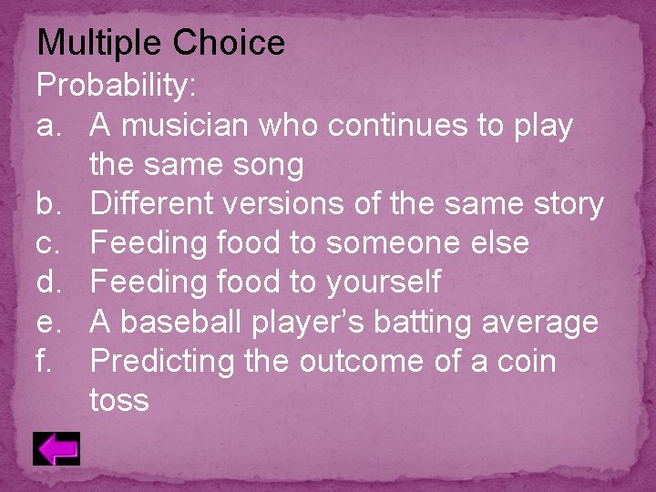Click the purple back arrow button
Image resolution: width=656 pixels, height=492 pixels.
pyautogui.click(x=56, y=448)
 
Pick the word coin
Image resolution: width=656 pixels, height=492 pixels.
pyautogui.click(x=524, y=361)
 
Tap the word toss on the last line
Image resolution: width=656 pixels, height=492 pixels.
pyautogui.click(x=119, y=400)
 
